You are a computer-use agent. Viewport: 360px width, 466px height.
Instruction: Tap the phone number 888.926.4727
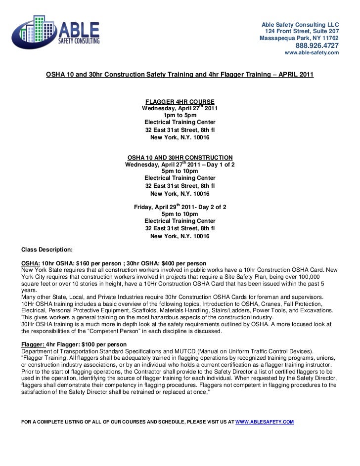point(317,45)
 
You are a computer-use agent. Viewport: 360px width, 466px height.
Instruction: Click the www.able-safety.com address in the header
point(312,53)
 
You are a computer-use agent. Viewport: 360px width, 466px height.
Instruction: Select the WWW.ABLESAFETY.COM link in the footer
point(265,422)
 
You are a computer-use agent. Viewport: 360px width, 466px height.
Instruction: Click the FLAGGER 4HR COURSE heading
point(180,101)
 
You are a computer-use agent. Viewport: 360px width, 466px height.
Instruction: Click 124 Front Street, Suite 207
point(302,31)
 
